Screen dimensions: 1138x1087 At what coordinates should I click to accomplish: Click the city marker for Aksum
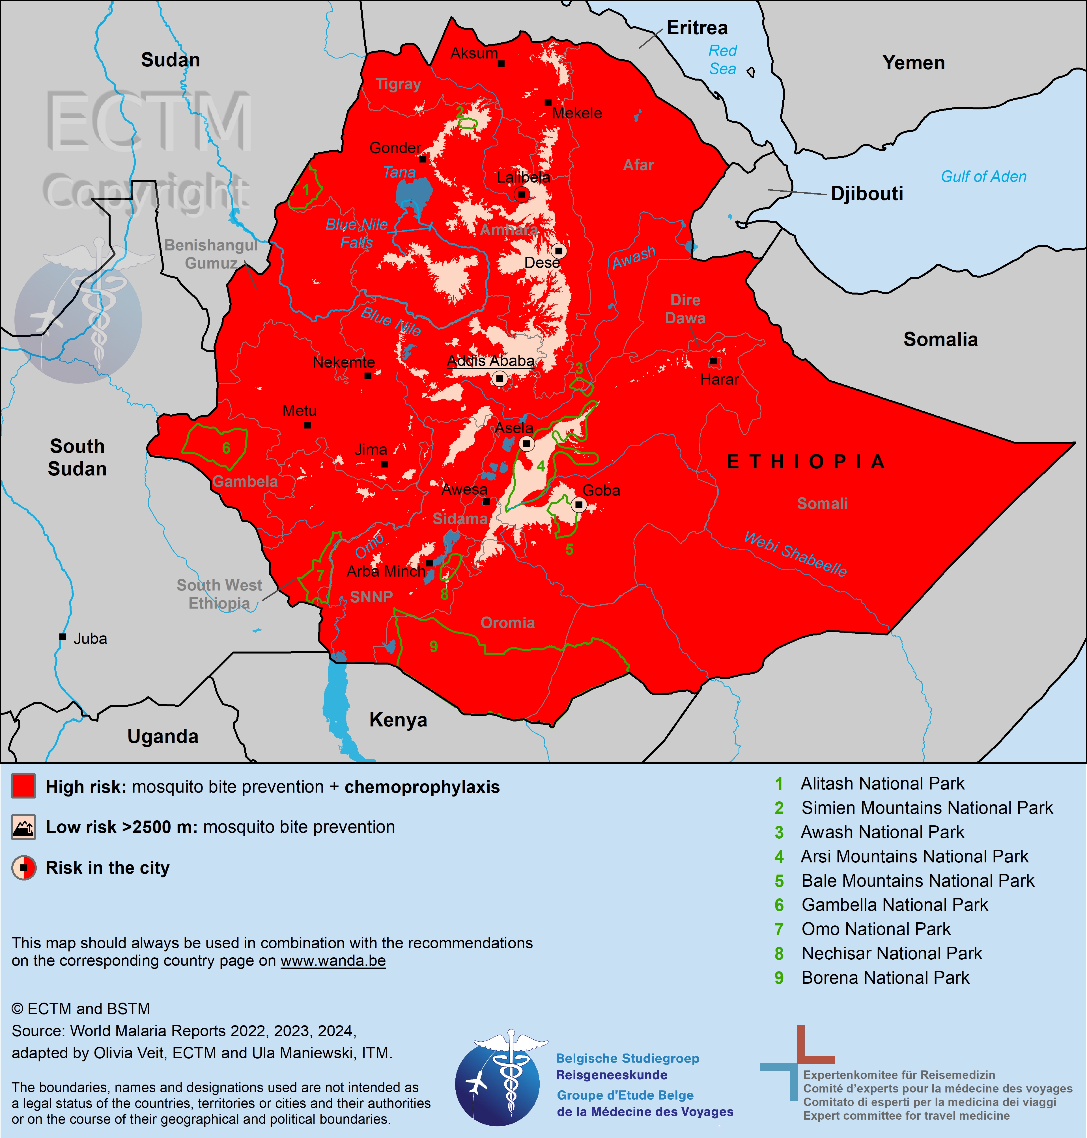pos(501,63)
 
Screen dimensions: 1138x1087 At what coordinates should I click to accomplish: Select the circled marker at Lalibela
pos(522,194)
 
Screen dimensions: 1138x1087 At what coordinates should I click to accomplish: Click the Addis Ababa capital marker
pos(500,379)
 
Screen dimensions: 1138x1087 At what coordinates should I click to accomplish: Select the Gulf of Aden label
pos(983,177)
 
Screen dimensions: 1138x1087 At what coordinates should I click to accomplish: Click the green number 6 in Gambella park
pos(226,448)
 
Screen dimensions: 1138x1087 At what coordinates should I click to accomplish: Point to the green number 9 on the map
pos(433,646)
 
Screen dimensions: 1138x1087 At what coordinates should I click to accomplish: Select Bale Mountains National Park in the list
pos(917,881)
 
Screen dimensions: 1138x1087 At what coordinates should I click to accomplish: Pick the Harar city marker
pos(713,361)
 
